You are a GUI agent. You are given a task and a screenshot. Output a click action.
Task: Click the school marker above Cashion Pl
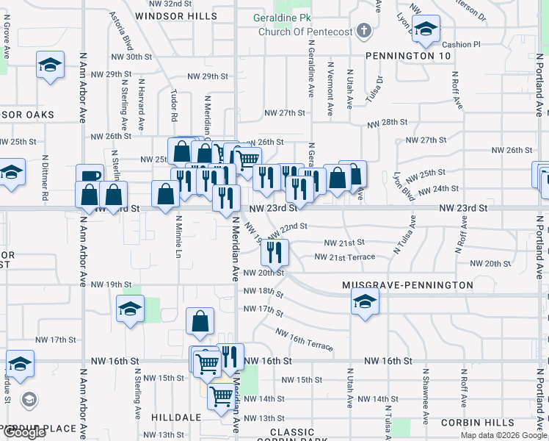(425, 30)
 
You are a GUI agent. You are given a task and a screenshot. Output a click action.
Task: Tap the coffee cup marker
(90, 177)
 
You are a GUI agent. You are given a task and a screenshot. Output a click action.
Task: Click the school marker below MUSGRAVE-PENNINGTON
(365, 301)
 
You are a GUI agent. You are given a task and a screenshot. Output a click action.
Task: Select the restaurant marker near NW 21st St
(275, 254)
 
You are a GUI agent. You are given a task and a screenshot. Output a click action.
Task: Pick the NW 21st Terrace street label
(344, 257)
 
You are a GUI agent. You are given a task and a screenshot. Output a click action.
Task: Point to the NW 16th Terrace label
(304, 340)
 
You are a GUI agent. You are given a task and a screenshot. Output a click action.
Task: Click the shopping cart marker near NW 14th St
(221, 397)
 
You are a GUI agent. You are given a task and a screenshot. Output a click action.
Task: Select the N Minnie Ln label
(178, 238)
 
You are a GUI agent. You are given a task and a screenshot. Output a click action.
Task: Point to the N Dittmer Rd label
(45, 177)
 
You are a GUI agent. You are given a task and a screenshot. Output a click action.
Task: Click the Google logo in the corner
(23, 432)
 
